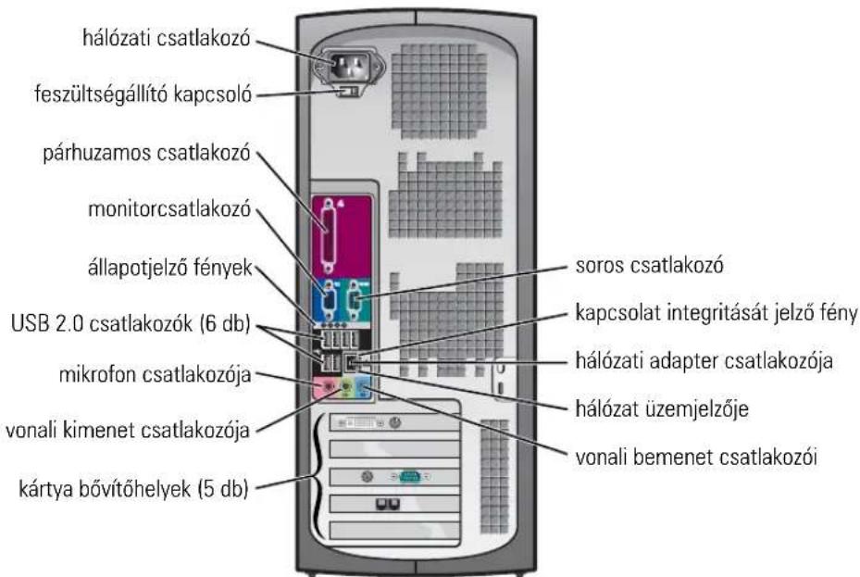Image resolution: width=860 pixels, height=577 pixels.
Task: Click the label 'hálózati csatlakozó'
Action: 167,38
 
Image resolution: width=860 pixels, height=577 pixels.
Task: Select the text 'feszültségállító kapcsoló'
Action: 143,94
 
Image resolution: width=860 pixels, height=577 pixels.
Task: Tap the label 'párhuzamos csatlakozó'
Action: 146,153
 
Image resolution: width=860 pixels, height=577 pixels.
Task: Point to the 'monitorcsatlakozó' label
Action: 169,208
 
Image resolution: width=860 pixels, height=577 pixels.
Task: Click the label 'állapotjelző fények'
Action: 170,267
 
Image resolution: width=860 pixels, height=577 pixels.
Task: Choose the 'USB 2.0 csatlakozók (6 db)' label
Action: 131,323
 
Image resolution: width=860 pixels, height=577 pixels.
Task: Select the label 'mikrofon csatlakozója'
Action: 156,374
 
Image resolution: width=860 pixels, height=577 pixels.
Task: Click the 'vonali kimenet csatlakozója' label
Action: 128,430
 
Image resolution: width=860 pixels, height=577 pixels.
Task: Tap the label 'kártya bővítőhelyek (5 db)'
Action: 134,488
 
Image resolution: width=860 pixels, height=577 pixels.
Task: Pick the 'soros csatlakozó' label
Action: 649,265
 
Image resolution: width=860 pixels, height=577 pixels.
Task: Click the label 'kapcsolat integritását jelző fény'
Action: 717,313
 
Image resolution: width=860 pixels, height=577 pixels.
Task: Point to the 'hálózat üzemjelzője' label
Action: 662,408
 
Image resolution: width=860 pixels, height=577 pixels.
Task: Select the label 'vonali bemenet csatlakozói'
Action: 696,457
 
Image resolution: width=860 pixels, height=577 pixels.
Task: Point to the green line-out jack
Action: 346,387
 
